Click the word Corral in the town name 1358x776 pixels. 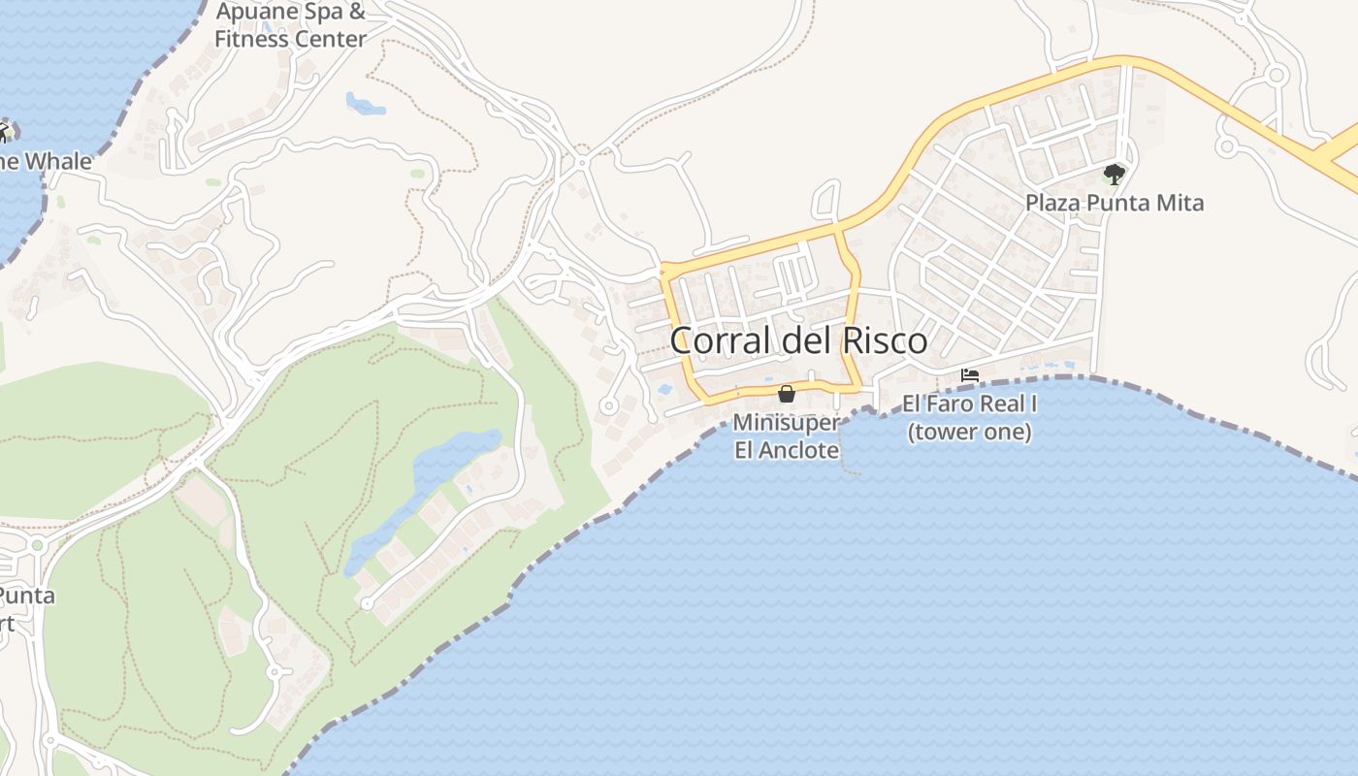(x=719, y=340)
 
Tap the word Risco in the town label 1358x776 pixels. (x=882, y=340)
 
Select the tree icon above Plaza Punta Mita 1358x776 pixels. (x=1114, y=175)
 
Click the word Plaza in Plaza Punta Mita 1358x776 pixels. (x=1053, y=203)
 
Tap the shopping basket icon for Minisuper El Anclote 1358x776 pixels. (x=787, y=394)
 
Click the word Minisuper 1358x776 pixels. (x=786, y=423)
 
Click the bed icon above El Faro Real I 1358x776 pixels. (x=969, y=375)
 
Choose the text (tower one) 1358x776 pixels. (x=969, y=431)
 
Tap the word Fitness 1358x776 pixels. (x=250, y=40)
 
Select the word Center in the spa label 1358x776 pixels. (x=330, y=40)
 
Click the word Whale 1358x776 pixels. (x=57, y=161)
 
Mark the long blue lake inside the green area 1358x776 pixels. (x=427, y=495)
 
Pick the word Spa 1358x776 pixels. (x=324, y=13)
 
